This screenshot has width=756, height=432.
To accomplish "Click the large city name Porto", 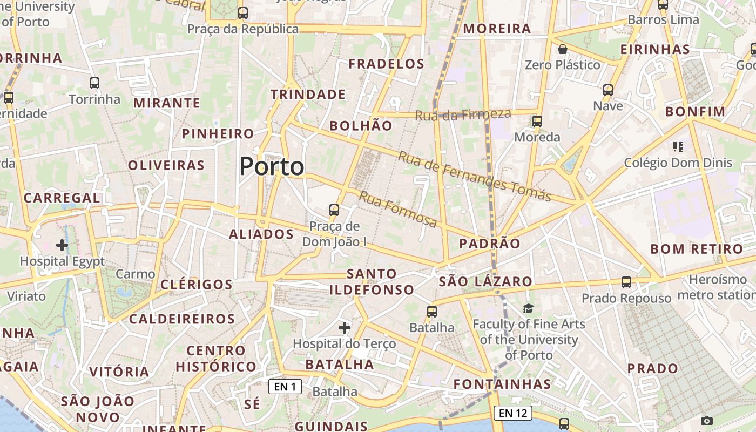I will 272,166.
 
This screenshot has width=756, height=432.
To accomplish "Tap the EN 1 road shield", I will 285,387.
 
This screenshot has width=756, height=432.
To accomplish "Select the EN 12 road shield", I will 512,413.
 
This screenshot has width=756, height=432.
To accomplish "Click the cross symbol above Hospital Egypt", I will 62,245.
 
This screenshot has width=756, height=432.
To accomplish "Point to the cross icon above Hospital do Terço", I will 344,327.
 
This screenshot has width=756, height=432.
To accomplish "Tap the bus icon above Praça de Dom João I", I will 334,210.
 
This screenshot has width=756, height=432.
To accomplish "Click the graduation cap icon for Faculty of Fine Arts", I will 528,308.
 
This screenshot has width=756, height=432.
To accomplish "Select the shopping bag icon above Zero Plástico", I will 563,49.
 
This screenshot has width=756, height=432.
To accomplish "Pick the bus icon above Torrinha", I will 94,83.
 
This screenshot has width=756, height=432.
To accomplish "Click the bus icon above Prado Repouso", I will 626,282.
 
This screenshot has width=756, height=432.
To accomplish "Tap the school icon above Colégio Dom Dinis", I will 678,146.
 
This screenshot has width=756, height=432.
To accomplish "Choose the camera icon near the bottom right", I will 706,421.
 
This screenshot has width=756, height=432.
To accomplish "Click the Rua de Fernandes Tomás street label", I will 475,176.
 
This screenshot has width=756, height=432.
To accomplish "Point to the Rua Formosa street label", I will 397,209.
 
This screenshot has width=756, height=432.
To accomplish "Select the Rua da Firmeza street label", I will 463,114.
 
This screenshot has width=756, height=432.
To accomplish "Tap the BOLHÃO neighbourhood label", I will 361,126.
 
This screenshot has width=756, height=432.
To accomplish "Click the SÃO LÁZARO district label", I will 485,281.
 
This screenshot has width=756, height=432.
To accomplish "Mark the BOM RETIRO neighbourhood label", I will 697,249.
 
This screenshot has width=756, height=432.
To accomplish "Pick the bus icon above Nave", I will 608,90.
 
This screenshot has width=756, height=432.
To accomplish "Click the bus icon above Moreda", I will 537,121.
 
